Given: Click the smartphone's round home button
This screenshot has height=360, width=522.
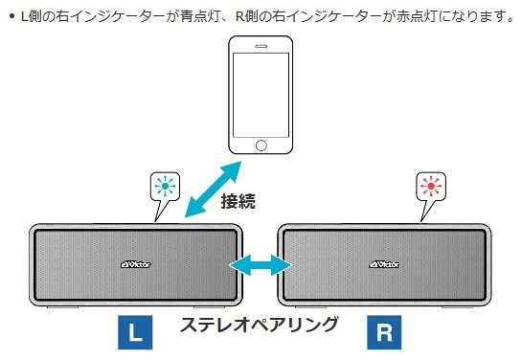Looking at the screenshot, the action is coord(261,146).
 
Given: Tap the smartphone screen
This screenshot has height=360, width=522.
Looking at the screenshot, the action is coord(261,93).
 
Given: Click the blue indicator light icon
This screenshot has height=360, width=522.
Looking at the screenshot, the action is coord(165,185).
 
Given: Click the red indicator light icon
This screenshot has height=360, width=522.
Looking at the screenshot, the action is coord(430,185).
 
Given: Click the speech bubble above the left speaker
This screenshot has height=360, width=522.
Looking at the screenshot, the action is coord(165,189).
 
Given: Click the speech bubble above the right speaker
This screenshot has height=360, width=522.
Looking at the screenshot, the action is coord(430,189).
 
